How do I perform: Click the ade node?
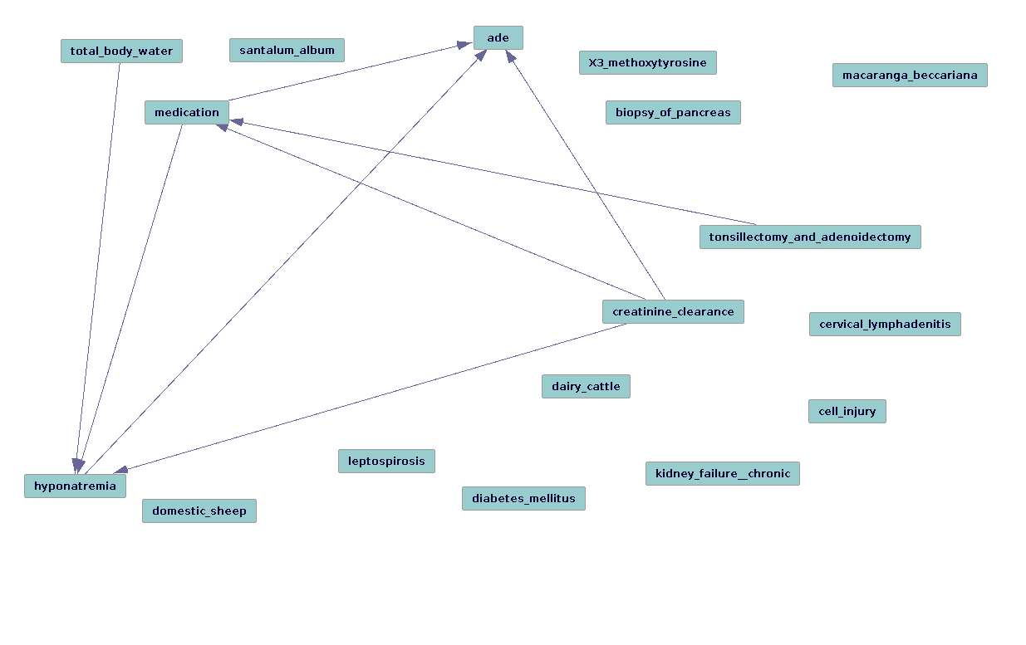(498, 38)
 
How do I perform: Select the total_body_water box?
(121, 51)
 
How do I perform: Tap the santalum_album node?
(287, 51)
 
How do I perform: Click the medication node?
(187, 113)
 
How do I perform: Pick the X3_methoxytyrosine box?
(647, 63)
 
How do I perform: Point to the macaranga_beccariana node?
(910, 76)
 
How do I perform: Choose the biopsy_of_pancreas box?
(672, 113)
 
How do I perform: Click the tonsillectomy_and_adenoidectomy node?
(809, 237)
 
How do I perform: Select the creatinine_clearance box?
(673, 312)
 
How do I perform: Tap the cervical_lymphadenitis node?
(885, 325)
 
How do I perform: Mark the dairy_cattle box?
(586, 387)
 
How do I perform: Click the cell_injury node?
(847, 412)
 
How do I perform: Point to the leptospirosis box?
(386, 462)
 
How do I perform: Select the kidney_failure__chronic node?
(722, 474)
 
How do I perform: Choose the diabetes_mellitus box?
(523, 499)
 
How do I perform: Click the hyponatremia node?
(75, 486)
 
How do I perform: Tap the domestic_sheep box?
(199, 511)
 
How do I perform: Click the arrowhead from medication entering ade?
(466, 44)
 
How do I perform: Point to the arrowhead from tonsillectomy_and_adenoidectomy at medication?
(237, 122)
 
